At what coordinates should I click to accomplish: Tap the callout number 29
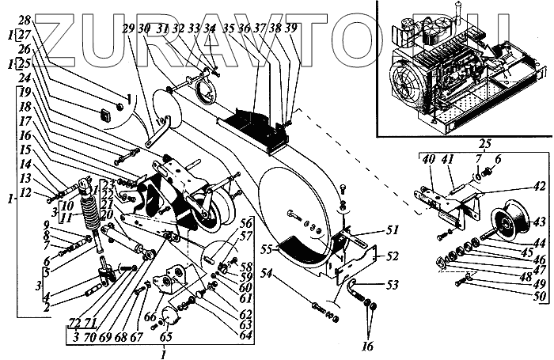(x=128, y=29)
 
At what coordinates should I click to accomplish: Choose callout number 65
(x=167, y=335)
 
